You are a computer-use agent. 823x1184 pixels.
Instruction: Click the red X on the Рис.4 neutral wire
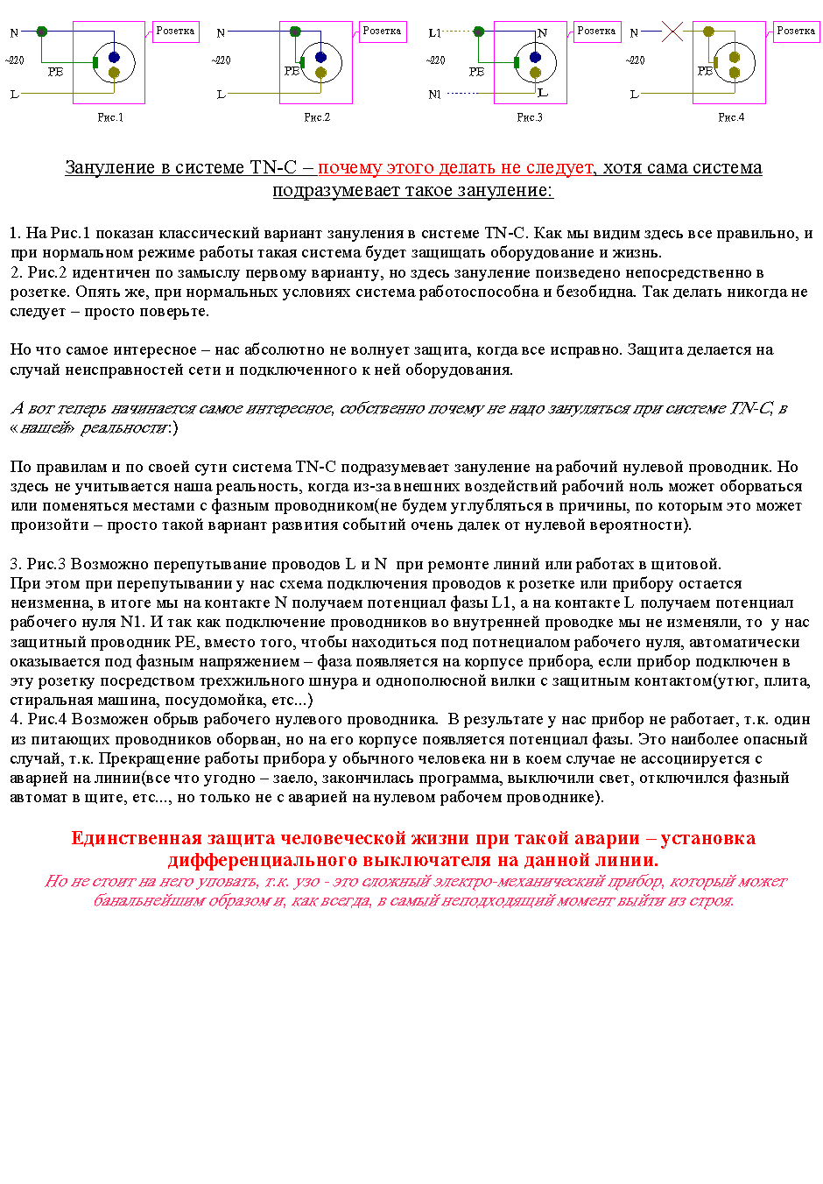click(672, 32)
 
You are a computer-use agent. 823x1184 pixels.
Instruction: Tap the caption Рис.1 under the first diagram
click(110, 117)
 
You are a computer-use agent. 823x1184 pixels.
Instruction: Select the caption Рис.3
click(530, 117)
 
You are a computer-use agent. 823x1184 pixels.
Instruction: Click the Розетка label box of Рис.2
click(383, 32)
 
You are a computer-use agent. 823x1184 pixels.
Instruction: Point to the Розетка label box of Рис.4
click(797, 32)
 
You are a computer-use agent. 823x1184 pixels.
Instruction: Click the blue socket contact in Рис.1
click(114, 58)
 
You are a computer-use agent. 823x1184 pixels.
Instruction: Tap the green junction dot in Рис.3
click(478, 32)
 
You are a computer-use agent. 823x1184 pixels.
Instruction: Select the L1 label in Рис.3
click(435, 33)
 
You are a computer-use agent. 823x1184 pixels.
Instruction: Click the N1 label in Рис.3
click(435, 95)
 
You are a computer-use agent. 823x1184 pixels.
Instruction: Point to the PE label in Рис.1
click(55, 72)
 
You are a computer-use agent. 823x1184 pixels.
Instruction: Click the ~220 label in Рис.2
click(222, 60)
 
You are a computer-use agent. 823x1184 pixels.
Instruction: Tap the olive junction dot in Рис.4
click(708, 32)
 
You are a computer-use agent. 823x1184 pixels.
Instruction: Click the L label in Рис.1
click(14, 95)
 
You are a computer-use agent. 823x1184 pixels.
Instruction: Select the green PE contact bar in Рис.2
click(302, 62)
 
